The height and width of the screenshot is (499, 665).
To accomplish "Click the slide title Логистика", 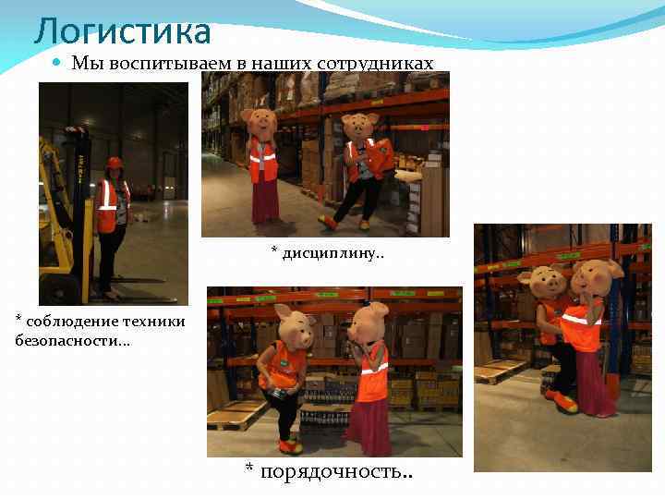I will click(123, 31).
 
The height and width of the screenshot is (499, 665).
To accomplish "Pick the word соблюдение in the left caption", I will click(63, 321).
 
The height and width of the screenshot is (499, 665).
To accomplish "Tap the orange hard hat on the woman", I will click(115, 164).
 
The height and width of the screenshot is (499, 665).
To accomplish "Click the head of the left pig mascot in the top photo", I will click(260, 124).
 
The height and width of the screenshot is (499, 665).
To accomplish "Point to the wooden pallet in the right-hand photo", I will click(500, 371).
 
